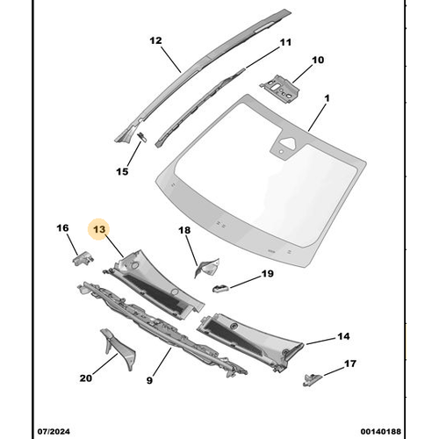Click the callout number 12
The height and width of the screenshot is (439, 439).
[155, 40]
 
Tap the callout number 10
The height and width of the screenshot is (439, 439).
[317, 61]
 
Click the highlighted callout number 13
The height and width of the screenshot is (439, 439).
[99, 229]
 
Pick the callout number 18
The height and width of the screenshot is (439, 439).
[184, 231]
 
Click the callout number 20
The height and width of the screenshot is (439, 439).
[85, 378]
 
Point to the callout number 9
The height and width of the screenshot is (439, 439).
[150, 380]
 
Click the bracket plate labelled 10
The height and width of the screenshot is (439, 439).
[280, 86]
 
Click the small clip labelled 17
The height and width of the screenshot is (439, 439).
[310, 378]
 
